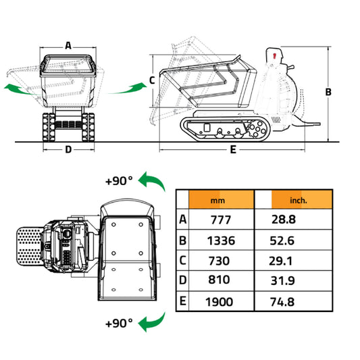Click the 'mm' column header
(x=217, y=201)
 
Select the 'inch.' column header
(x=298, y=201)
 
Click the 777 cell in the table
(x=220, y=220)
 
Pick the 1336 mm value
(x=220, y=240)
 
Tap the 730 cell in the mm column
(x=220, y=261)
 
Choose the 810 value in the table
(x=220, y=280)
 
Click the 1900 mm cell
(x=220, y=302)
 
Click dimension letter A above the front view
(x=68, y=45)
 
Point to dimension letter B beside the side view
(x=328, y=92)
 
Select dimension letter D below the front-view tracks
(x=68, y=150)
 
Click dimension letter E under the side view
(x=232, y=150)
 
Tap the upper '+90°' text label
(x=120, y=181)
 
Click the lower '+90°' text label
(x=120, y=323)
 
